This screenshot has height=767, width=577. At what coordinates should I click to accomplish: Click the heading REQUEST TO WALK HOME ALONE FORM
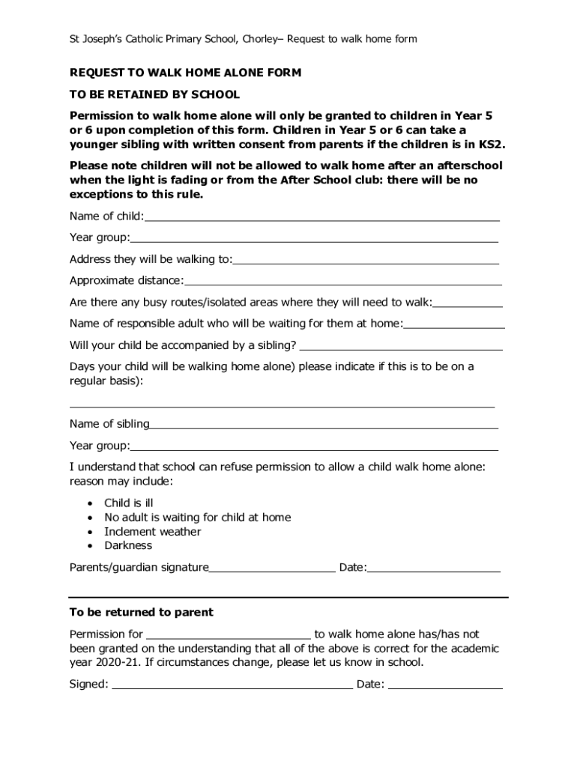[185, 73]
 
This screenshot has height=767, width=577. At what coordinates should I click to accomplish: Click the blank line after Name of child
[322, 217]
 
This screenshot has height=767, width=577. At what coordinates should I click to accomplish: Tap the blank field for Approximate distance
[342, 281]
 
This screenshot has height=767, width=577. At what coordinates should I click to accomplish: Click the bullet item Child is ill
[128, 503]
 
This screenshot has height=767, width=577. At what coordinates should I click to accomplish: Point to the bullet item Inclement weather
[152, 532]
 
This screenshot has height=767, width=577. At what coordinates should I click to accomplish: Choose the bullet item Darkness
[128, 546]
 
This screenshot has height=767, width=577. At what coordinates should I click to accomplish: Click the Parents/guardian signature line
[272, 569]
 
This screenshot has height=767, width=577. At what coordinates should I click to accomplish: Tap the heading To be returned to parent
[141, 613]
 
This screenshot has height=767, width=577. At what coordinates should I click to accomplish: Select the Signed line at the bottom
[232, 685]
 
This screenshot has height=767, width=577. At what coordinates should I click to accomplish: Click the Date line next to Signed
[445, 685]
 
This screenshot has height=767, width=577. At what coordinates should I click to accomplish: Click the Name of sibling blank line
[324, 425]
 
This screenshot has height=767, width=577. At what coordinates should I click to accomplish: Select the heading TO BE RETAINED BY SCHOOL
[154, 94]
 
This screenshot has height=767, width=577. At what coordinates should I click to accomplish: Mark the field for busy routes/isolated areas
[468, 303]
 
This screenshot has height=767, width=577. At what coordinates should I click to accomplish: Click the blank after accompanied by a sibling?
[401, 346]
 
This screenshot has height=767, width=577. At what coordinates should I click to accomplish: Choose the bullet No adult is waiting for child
[197, 518]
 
